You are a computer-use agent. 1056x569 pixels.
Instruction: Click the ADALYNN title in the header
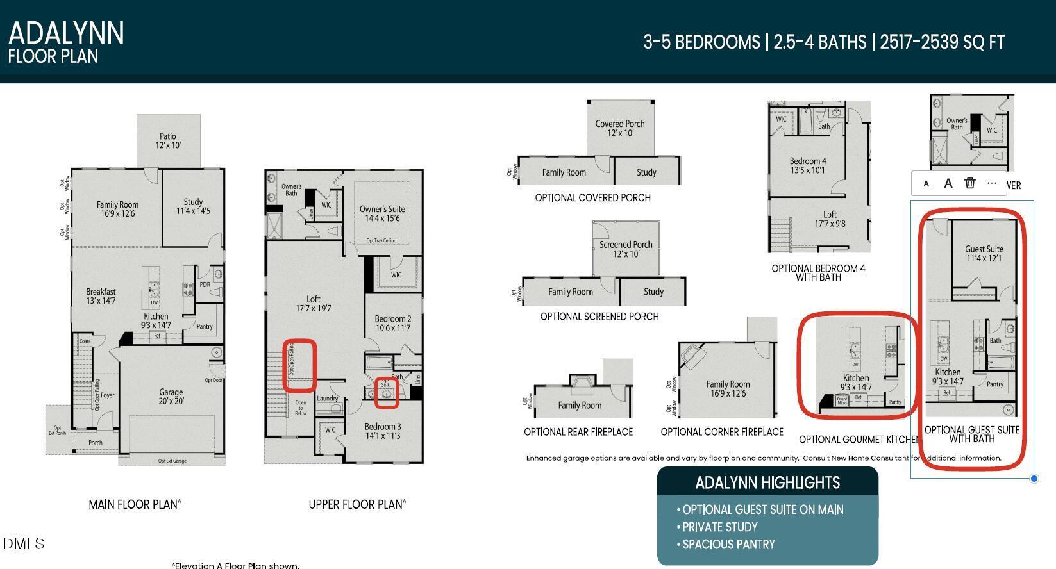[66, 33]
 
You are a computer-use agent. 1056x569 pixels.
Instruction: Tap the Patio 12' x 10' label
[168, 141]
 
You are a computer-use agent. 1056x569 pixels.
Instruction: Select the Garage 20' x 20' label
[171, 397]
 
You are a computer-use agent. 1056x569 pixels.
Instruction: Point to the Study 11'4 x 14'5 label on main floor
[193, 206]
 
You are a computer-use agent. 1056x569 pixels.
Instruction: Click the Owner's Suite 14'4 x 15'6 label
[382, 213]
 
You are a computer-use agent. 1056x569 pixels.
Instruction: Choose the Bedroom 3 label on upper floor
[383, 431]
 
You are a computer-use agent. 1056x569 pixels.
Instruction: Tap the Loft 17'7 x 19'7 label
[314, 304]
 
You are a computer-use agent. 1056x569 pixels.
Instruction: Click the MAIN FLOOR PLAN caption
[135, 505]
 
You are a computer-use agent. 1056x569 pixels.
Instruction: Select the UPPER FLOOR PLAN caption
[357, 505]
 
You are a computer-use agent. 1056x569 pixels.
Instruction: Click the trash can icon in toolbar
[969, 183]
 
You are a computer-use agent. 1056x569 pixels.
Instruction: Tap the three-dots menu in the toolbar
[992, 183]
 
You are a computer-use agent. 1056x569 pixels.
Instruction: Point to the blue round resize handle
[1034, 479]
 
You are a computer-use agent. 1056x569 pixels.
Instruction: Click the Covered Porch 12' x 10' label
[620, 128]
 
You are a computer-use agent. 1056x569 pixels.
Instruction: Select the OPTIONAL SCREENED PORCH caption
[599, 317]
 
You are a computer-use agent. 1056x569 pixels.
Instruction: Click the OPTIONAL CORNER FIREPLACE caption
[722, 432]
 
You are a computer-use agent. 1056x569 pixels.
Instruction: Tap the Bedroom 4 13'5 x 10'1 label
[808, 165]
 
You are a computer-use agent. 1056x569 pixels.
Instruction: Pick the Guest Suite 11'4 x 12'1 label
[984, 254]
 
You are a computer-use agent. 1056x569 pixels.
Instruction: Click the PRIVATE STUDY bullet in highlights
[719, 527]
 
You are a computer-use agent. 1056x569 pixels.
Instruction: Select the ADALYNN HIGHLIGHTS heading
[767, 482]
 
